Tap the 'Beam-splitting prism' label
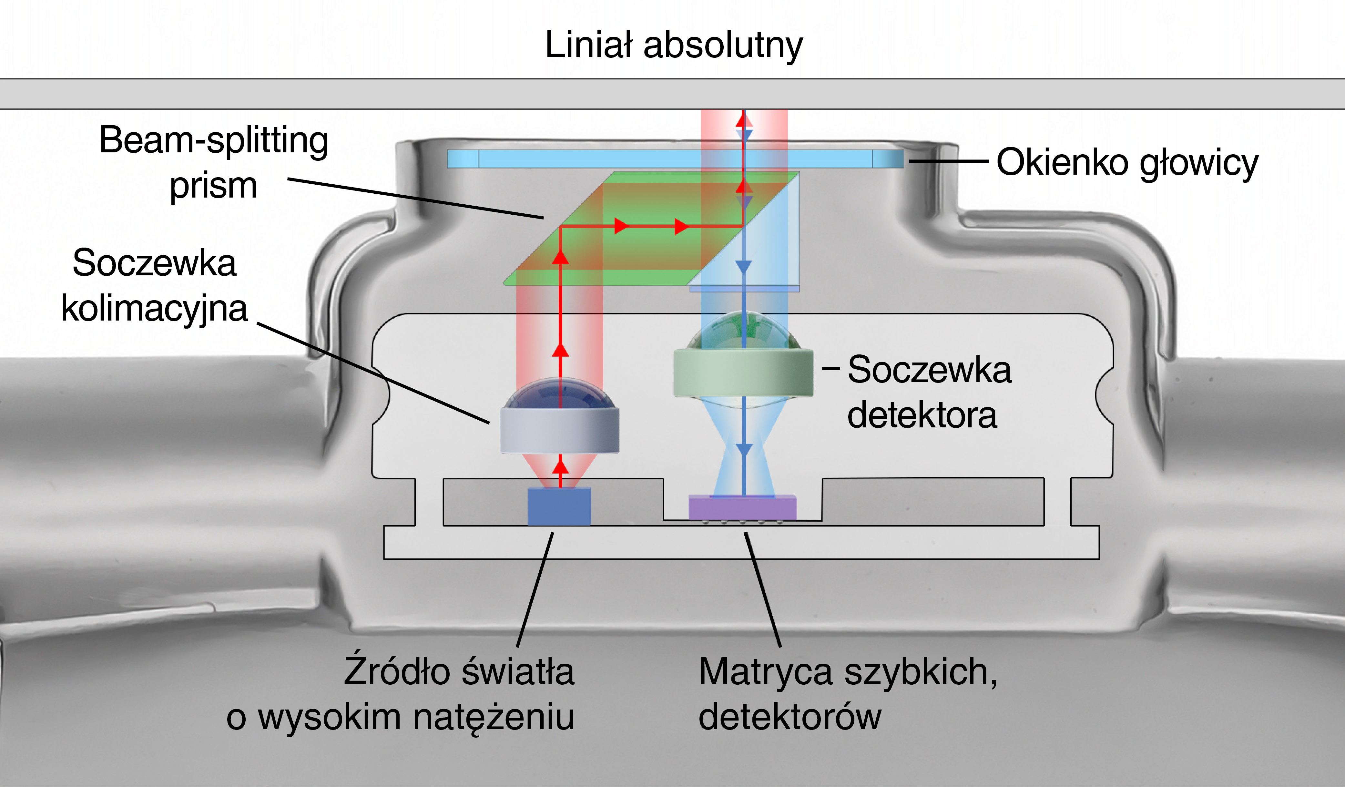pyautogui.click(x=213, y=162)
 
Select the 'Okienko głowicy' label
pyautogui.click(x=1127, y=162)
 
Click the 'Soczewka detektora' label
pyautogui.click(x=929, y=393)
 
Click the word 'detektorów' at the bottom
pyautogui.click(x=790, y=717)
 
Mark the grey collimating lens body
pyautogui.click(x=559, y=430)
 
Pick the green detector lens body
pyautogui.click(x=743, y=372)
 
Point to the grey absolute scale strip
pyautogui.click(x=673, y=94)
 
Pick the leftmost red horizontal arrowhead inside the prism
pyautogui.click(x=621, y=226)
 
